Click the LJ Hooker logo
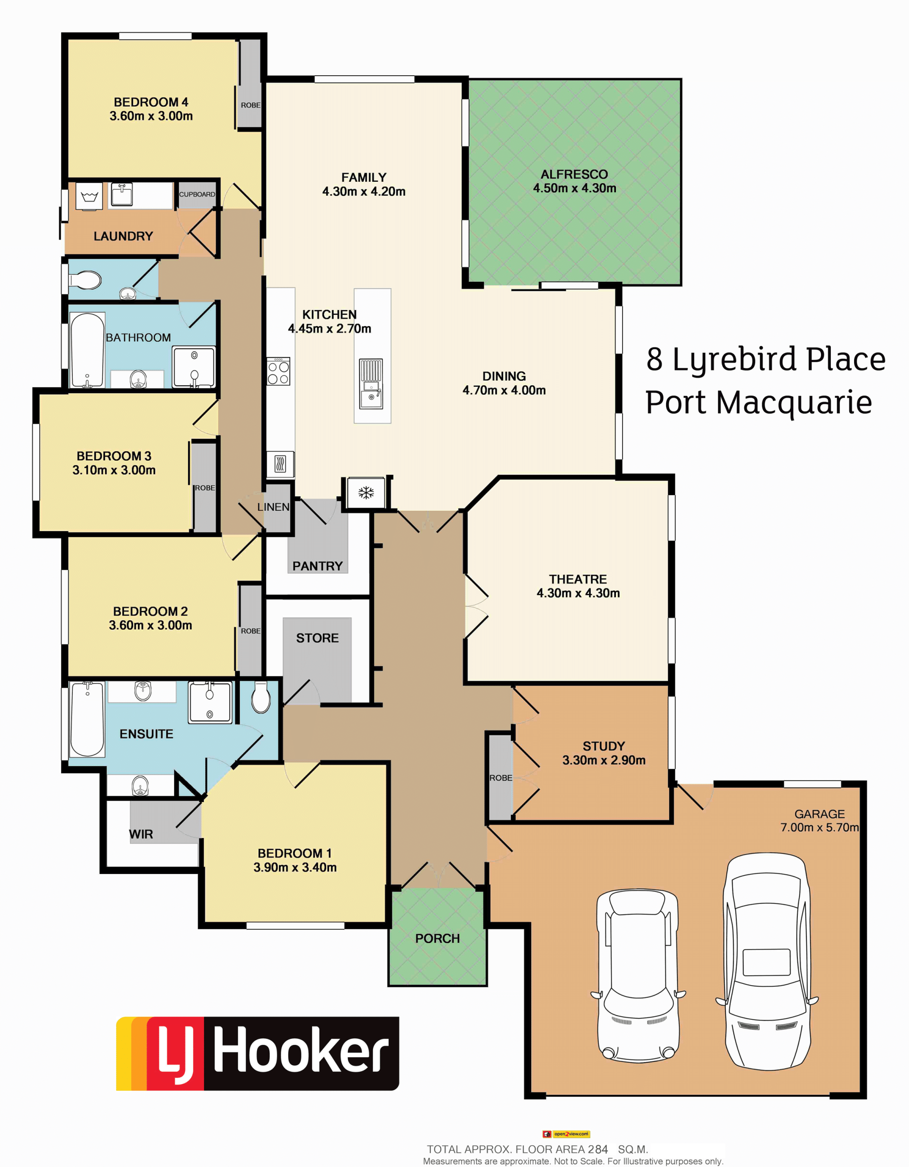coord(258,1053)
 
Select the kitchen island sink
coord(371,383)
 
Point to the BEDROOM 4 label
coord(151,102)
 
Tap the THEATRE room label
coord(578,579)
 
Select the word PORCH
coord(437,938)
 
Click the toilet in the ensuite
coord(261,697)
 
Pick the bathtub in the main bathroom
coord(87,349)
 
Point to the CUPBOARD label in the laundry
coord(197,195)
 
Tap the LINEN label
coord(273,507)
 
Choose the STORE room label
coord(317,638)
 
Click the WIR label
coord(141,834)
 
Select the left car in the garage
coord(638,977)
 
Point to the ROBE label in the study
coord(501,778)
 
